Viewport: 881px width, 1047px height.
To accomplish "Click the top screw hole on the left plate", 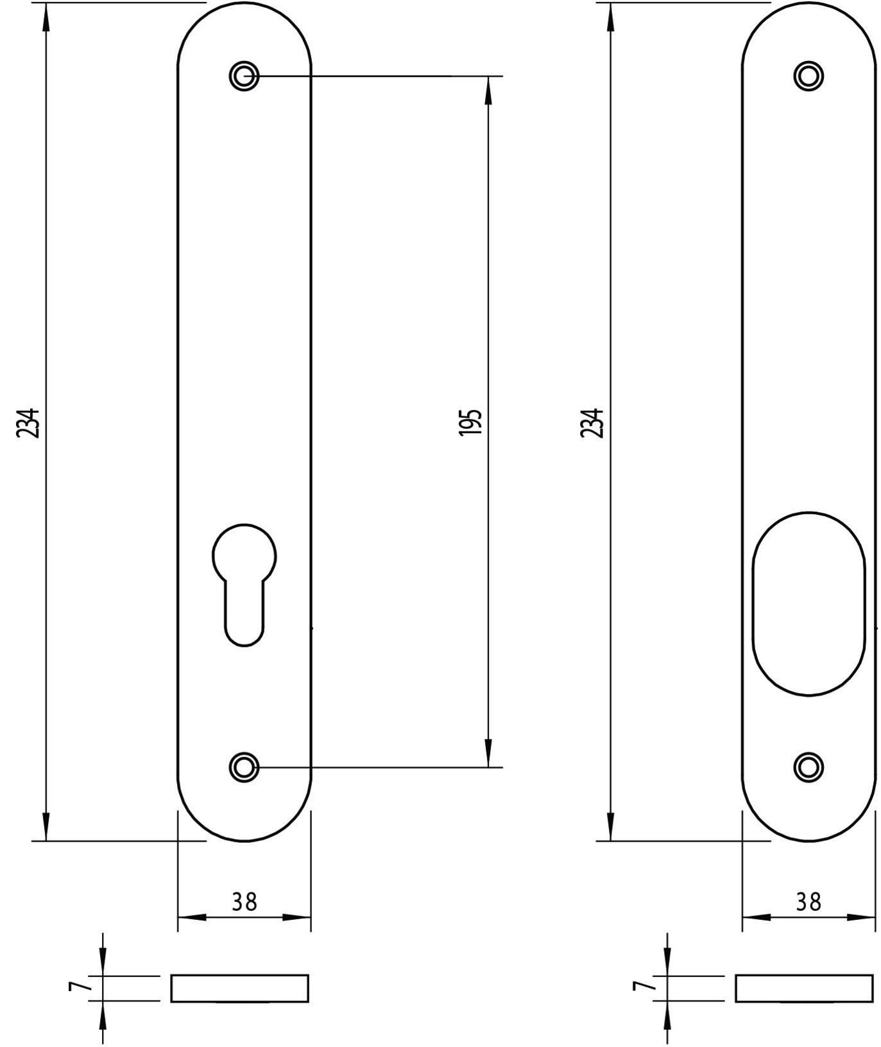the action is [x=244, y=76].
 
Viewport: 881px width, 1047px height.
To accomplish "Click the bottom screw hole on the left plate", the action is [x=244, y=766].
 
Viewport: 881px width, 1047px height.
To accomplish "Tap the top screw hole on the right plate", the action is [x=808, y=76].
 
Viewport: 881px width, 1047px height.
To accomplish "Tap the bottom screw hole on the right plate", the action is [x=808, y=766].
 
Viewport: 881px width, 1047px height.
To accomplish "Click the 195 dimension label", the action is [x=470, y=422].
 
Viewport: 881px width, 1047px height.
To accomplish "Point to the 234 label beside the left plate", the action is [x=28, y=422].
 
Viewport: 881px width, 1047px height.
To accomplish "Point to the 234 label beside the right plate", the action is [x=592, y=422].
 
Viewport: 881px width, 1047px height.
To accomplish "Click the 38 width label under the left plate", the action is [x=244, y=901].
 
